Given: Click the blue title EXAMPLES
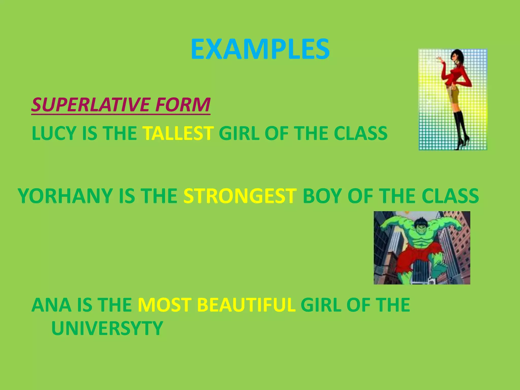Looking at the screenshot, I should [x=260, y=49].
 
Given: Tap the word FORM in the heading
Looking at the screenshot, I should [x=183, y=105].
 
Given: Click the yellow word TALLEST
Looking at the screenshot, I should [x=178, y=134].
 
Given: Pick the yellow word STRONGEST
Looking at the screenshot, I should [x=240, y=196].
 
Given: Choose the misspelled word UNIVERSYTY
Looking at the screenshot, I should [x=107, y=328].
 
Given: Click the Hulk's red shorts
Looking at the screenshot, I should [x=419, y=255].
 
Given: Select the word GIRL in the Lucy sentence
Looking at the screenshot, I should [x=239, y=134].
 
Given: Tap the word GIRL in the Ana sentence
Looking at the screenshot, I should [x=321, y=305].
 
